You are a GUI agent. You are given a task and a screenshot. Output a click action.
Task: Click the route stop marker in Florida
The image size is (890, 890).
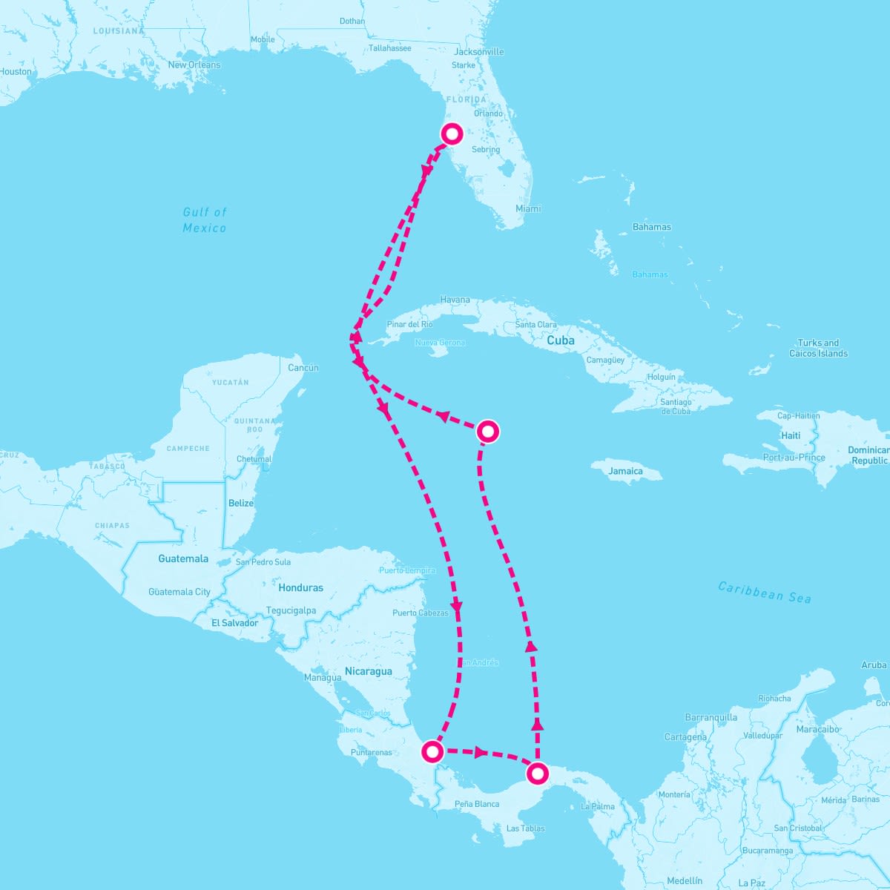[452, 134]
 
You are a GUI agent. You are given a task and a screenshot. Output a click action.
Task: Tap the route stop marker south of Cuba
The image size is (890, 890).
[487, 431]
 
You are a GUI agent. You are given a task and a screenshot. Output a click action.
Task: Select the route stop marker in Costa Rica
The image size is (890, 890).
[432, 752]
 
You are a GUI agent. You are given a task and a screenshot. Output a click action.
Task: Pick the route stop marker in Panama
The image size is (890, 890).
[538, 774]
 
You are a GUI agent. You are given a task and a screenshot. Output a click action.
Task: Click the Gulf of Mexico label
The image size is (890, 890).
[205, 220]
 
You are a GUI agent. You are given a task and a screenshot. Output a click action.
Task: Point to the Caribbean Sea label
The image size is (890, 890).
[765, 592]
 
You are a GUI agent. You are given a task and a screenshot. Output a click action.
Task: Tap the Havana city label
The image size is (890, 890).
[455, 300]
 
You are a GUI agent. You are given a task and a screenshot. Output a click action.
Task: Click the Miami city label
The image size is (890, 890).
[528, 209]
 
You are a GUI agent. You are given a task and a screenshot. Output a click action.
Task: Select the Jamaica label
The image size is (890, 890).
[625, 471]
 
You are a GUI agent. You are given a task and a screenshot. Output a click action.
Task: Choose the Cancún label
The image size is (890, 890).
[303, 368]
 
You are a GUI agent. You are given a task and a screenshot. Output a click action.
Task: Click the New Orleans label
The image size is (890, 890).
[194, 65]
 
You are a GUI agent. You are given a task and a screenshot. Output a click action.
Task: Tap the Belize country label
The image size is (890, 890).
[241, 504]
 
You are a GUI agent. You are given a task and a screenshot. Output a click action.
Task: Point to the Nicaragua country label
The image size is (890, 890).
[368, 672]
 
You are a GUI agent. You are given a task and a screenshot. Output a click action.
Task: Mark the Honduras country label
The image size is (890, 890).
[301, 588]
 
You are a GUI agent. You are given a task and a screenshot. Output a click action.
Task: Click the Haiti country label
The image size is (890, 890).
[791, 436]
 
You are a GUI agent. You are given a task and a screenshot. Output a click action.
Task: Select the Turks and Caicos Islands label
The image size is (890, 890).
[818, 349]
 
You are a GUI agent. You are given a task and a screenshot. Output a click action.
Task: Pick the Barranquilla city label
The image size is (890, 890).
[711, 718]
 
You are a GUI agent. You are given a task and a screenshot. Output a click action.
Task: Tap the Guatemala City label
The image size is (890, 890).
[179, 592]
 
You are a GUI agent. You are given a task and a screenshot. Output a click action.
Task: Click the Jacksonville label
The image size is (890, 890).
[478, 52]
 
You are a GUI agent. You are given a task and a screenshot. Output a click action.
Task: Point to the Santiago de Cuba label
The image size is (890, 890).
[676, 406]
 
